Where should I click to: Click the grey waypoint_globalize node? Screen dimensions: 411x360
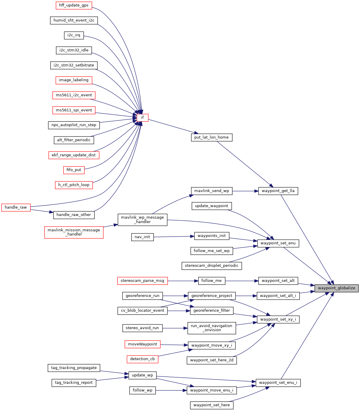click(x=336, y=288)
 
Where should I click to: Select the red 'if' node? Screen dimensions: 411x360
click(x=142, y=118)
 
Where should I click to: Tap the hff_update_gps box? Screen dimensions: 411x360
click(x=74, y=5)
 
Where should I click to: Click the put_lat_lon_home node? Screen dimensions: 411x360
click(x=212, y=137)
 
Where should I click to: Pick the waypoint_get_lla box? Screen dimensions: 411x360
click(x=278, y=191)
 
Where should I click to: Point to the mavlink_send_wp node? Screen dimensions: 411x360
click(x=212, y=191)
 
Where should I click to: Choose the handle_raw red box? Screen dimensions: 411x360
click(x=16, y=207)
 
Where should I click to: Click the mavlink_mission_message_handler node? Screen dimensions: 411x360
click(x=74, y=232)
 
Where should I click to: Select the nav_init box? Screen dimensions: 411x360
click(x=142, y=237)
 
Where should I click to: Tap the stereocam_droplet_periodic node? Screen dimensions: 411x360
click(x=212, y=266)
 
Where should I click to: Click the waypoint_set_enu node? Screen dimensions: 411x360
click(x=278, y=243)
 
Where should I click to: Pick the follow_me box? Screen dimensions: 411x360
click(x=212, y=281)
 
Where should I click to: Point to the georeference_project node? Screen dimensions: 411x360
click(x=212, y=295)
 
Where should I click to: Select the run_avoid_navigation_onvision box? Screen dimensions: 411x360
click(x=212, y=328)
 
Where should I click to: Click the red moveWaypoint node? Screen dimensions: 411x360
click(x=143, y=344)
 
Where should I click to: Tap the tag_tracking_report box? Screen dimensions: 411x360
click(x=74, y=383)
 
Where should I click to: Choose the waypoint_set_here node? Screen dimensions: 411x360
click(x=212, y=405)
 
